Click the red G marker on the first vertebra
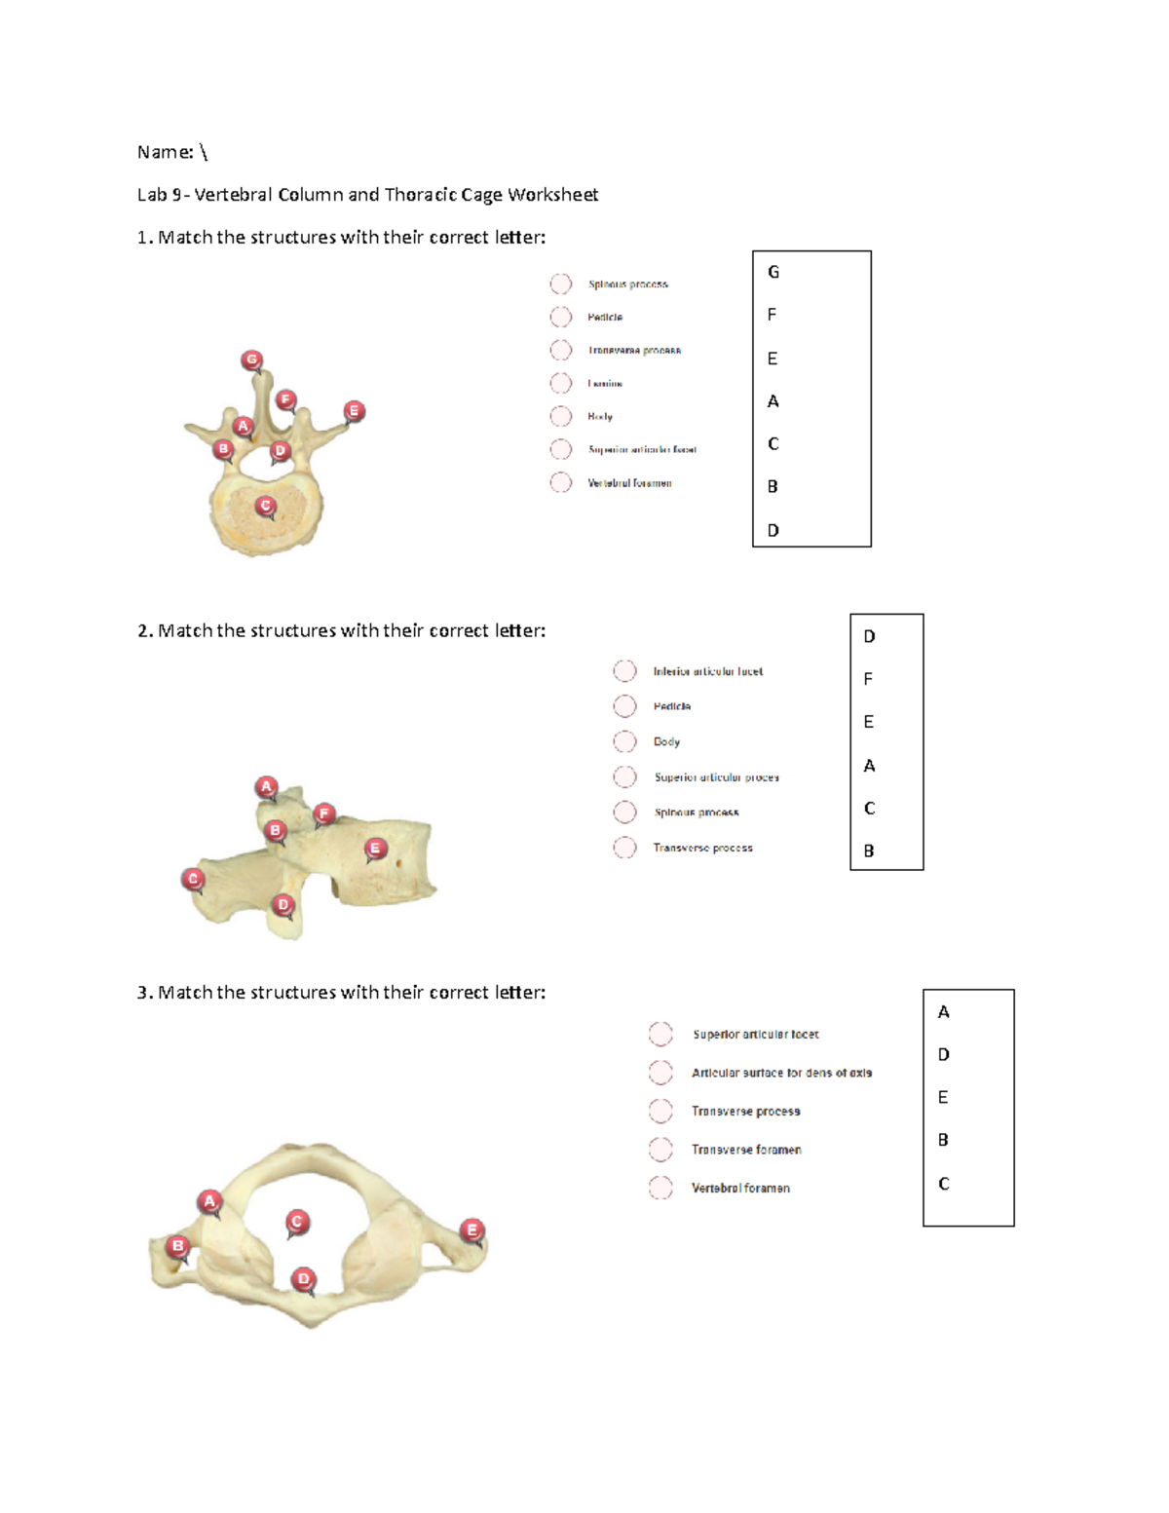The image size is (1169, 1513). coord(252,360)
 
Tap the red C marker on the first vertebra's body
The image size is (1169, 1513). coord(265,506)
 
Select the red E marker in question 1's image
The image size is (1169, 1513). coord(354,411)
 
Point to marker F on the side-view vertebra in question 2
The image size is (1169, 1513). coord(324,813)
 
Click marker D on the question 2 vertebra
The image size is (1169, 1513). coord(283,905)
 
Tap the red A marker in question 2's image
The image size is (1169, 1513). coord(266,786)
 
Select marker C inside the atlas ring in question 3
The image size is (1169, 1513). coord(297,1222)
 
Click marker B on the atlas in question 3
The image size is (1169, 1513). coord(177,1246)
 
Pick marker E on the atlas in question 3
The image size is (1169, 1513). coord(472,1229)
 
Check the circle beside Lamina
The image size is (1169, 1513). coord(561,383)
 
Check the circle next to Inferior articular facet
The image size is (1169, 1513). coord(625,671)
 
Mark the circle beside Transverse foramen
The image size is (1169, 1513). coord(660,1150)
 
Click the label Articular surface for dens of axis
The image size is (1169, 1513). coord(781,1073)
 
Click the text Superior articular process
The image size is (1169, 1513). coord(716,777)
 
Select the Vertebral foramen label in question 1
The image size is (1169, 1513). coord(629,483)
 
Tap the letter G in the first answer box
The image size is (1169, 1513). coord(773,272)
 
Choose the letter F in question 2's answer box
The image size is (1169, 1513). coord(868,679)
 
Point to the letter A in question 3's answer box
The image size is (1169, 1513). coord(943,1012)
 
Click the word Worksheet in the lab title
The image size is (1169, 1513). coord(552,195)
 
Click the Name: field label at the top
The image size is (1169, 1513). coord(165,152)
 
